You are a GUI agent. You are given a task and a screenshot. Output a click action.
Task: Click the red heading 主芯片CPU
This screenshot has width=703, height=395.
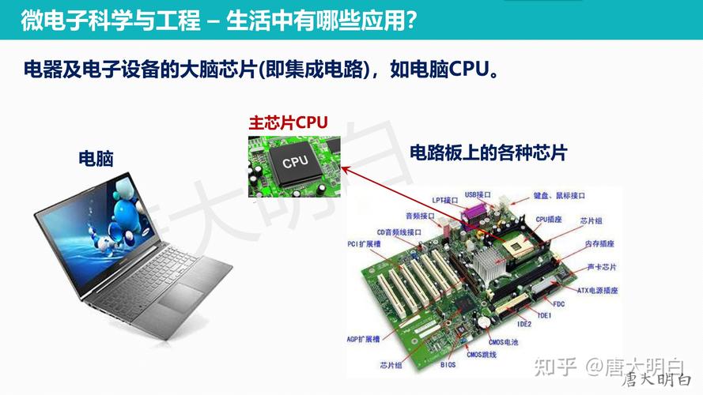pyautogui.click(x=288, y=123)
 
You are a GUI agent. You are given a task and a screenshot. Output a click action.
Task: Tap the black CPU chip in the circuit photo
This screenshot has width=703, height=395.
pyautogui.click(x=294, y=161)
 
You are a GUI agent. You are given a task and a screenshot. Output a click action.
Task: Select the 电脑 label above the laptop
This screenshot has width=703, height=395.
pyautogui.click(x=96, y=158)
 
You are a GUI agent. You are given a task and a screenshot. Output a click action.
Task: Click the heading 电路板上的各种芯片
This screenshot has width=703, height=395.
pyautogui.click(x=488, y=153)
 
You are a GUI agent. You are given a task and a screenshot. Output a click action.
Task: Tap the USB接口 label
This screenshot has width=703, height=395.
pyautogui.click(x=478, y=194)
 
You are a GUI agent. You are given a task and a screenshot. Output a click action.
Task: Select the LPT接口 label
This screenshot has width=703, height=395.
pyautogui.click(x=445, y=200)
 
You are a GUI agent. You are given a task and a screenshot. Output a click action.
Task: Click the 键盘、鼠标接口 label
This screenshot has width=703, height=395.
pyautogui.click(x=559, y=195)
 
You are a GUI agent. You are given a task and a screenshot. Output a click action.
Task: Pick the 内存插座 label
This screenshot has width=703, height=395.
pyautogui.click(x=599, y=244)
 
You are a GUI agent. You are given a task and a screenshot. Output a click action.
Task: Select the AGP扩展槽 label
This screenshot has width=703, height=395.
pyautogui.click(x=364, y=338)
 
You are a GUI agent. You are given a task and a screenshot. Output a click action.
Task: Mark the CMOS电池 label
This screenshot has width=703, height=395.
pyautogui.click(x=503, y=341)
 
